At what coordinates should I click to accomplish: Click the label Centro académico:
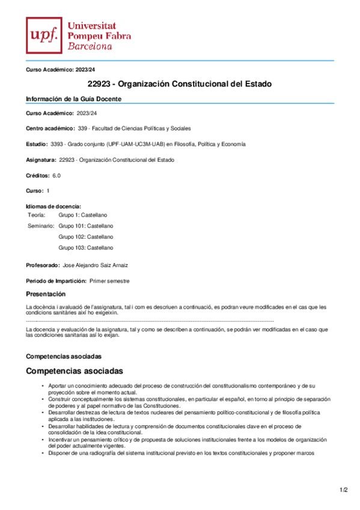click(x=50, y=128)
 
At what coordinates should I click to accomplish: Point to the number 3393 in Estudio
click(x=57, y=144)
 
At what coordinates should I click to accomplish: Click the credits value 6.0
click(x=56, y=175)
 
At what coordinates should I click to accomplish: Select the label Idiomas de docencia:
click(x=53, y=206)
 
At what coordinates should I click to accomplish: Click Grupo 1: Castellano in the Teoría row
click(x=83, y=215)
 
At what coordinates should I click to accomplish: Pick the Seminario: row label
click(x=41, y=226)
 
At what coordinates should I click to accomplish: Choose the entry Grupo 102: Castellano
click(x=85, y=237)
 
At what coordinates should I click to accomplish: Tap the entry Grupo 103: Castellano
click(x=85, y=248)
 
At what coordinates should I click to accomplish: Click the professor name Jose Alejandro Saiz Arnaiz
click(x=95, y=265)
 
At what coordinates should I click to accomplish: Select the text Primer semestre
click(x=109, y=281)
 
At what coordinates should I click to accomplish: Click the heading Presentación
click(x=45, y=294)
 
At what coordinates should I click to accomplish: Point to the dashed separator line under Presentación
click(x=150, y=322)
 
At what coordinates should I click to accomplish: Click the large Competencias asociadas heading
click(x=75, y=371)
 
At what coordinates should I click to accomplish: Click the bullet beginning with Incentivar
click(x=180, y=443)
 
